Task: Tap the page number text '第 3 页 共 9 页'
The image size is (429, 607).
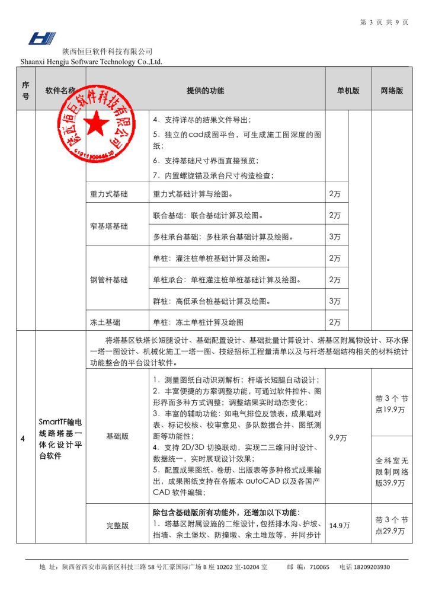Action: tap(384, 23)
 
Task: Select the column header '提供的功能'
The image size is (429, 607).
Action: tap(205, 91)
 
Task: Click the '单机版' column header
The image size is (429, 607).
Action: tap(348, 91)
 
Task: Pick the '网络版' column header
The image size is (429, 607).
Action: tap(392, 91)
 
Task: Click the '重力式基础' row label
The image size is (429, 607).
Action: tap(108, 194)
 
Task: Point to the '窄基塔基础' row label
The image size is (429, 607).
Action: tap(108, 226)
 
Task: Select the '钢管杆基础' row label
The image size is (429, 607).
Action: tap(108, 280)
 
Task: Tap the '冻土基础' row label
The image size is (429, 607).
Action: tap(105, 322)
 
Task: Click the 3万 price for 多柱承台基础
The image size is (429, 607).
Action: tap(335, 237)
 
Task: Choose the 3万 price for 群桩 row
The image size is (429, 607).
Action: tap(335, 301)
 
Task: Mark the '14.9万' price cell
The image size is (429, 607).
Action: tap(339, 525)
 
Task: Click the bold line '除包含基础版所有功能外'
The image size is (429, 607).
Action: tap(225, 512)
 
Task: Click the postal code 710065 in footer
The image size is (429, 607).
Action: tap(320, 567)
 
